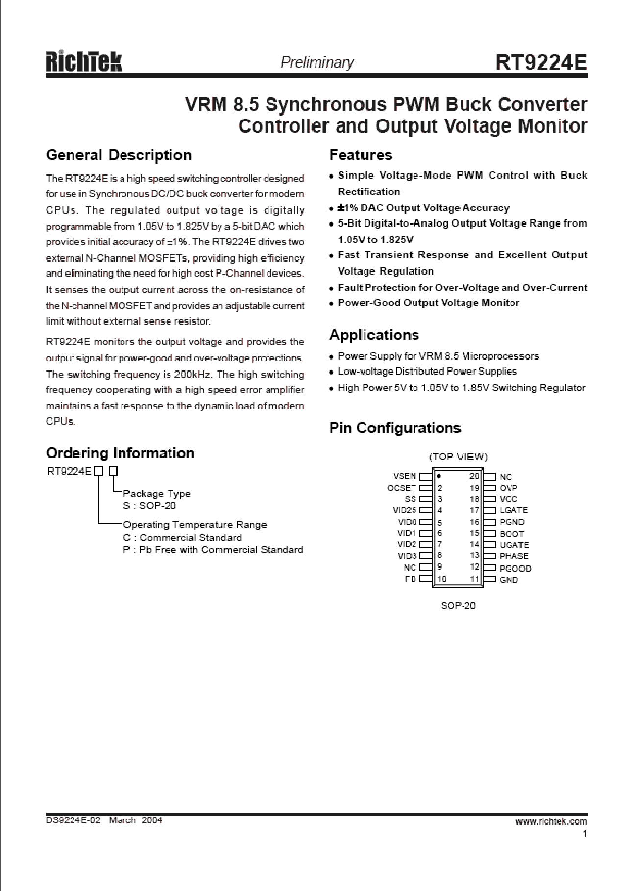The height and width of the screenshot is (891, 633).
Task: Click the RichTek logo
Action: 84,62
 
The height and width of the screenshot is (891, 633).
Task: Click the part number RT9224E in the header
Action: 541,62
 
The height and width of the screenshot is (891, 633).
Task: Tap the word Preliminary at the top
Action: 316,63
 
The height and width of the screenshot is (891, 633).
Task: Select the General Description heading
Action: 119,155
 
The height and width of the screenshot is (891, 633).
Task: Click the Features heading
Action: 361,155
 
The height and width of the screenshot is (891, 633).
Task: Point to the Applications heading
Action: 374,335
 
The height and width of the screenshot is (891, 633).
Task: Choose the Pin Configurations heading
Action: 395,428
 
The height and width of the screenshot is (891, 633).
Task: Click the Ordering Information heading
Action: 120,453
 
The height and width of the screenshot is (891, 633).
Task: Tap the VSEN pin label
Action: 405,476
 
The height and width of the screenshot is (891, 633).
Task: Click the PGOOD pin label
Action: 515,569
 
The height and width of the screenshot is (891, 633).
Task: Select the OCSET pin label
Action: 402,488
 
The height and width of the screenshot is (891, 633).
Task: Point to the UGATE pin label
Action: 514,545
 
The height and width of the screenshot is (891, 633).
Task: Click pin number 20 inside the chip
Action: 474,476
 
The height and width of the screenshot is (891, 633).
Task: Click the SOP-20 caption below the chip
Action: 458,605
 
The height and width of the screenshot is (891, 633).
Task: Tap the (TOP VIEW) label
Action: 458,458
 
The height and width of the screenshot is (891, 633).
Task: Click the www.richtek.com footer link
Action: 551,821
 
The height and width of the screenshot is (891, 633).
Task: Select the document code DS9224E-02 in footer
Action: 73,820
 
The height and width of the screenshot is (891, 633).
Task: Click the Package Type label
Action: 156,494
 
